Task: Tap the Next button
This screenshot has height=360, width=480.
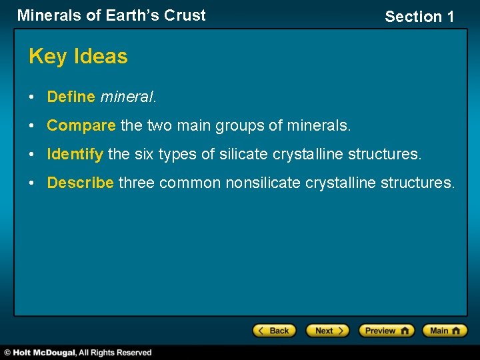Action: pos(327,331)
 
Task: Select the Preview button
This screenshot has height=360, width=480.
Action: pos(386,331)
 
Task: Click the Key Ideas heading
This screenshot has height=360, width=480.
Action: pos(78,57)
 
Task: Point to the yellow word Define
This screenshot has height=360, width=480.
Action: pos(71,97)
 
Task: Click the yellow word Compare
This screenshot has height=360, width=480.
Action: pos(81,125)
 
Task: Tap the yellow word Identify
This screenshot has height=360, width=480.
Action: pos(75,154)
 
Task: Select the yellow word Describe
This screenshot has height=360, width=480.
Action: pos(80,183)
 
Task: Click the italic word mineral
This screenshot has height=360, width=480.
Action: pos(127,97)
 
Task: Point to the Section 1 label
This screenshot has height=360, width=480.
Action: pos(419,17)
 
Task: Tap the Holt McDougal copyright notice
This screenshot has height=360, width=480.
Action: pos(78,352)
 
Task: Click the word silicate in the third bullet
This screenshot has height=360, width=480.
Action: pos(243,154)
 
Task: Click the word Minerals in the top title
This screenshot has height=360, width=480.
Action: pos(49,15)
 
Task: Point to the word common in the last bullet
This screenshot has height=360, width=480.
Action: pos(190,183)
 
